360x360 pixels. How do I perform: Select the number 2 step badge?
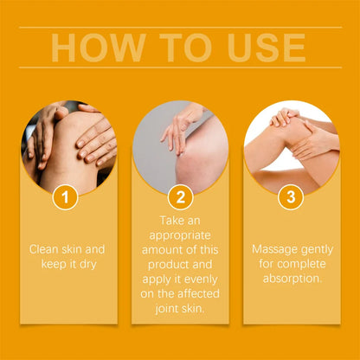[180, 197]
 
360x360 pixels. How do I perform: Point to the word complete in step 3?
[299, 263]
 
